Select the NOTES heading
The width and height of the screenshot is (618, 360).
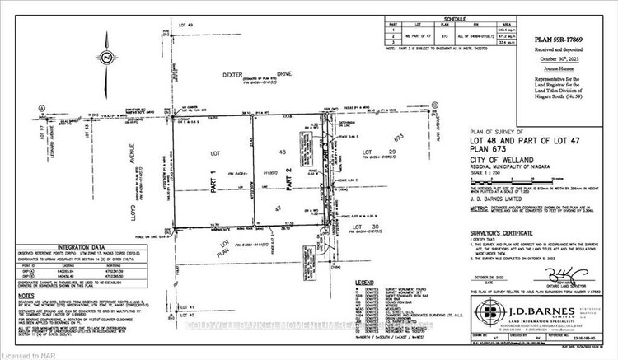[27, 293]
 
